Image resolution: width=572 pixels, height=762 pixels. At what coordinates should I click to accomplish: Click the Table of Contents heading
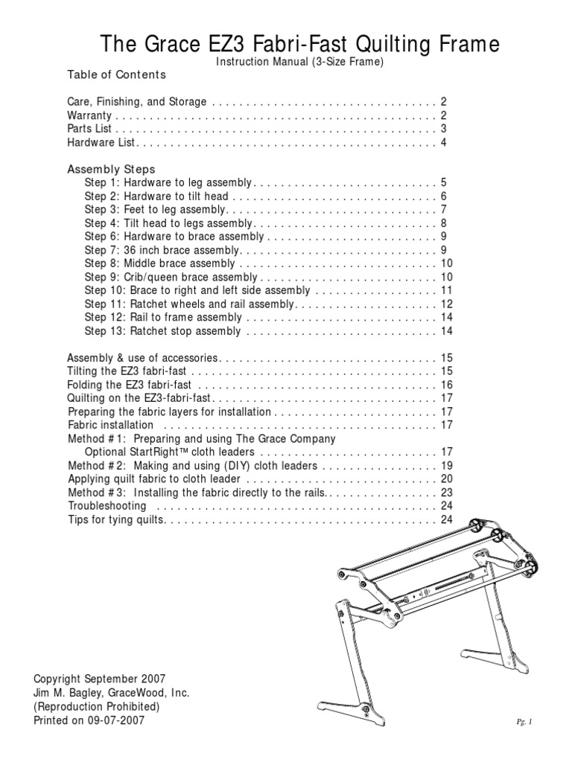116,75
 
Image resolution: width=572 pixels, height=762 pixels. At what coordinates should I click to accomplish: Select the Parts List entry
89,129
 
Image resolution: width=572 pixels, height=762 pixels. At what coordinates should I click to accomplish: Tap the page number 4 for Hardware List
443,143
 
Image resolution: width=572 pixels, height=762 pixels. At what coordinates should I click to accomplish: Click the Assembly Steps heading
111,170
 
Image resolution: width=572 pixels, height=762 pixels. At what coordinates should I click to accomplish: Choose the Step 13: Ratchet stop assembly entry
162,331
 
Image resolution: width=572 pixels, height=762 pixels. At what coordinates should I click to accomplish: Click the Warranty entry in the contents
89,116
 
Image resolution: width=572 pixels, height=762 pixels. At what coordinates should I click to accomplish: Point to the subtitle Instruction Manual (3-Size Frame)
299,63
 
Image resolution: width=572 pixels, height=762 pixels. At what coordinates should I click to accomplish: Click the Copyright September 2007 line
100,679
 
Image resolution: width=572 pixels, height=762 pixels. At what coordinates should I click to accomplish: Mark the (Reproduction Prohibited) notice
97,706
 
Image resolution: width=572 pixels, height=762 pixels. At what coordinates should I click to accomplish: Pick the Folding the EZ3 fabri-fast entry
130,385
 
